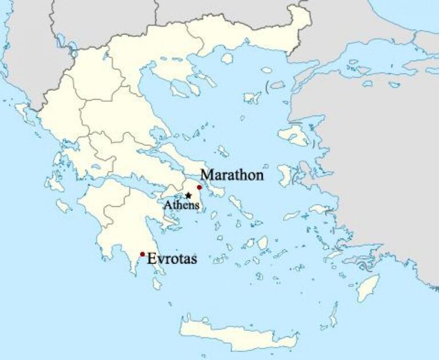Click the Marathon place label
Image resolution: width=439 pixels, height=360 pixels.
(x=232, y=175)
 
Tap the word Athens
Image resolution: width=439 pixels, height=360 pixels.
(x=182, y=205)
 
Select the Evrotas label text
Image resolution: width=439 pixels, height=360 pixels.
(x=172, y=259)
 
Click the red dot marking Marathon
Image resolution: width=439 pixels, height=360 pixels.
(x=199, y=187)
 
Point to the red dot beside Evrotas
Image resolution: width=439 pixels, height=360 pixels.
(x=142, y=254)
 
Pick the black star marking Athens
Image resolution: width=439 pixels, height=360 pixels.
(x=188, y=195)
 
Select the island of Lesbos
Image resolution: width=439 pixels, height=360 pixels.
(x=294, y=135)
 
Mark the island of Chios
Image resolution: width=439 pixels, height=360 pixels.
(x=285, y=174)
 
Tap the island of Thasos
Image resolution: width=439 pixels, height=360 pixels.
(x=228, y=58)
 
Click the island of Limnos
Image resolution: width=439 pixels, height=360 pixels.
(x=252, y=98)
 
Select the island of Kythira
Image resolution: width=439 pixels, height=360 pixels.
(x=157, y=283)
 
